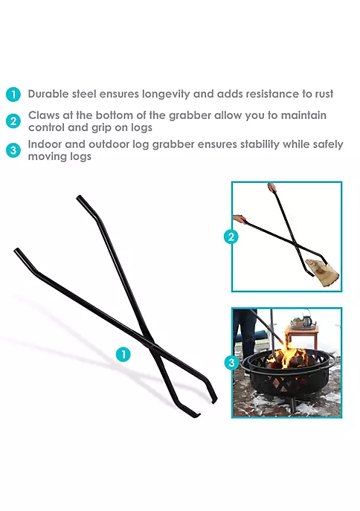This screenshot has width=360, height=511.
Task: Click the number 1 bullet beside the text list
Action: pyautogui.click(x=13, y=94)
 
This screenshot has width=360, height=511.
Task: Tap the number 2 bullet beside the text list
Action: pyautogui.click(x=13, y=121)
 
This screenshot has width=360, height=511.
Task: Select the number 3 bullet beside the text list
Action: pyautogui.click(x=13, y=150)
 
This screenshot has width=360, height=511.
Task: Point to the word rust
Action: pyautogui.click(x=324, y=94)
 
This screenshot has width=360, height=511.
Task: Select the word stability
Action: pyautogui.click(x=260, y=144)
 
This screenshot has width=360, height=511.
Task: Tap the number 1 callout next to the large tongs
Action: pyautogui.click(x=123, y=354)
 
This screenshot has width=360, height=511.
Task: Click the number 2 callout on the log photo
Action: pyautogui.click(x=231, y=237)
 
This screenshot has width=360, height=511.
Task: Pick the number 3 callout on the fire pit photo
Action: pyautogui.click(x=231, y=362)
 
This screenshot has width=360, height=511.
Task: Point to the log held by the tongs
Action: pyautogui.click(x=324, y=271)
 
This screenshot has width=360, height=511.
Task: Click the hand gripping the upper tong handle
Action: pyautogui.click(x=271, y=187)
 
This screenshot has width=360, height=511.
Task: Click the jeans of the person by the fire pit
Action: pyautogui.click(x=245, y=330)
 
